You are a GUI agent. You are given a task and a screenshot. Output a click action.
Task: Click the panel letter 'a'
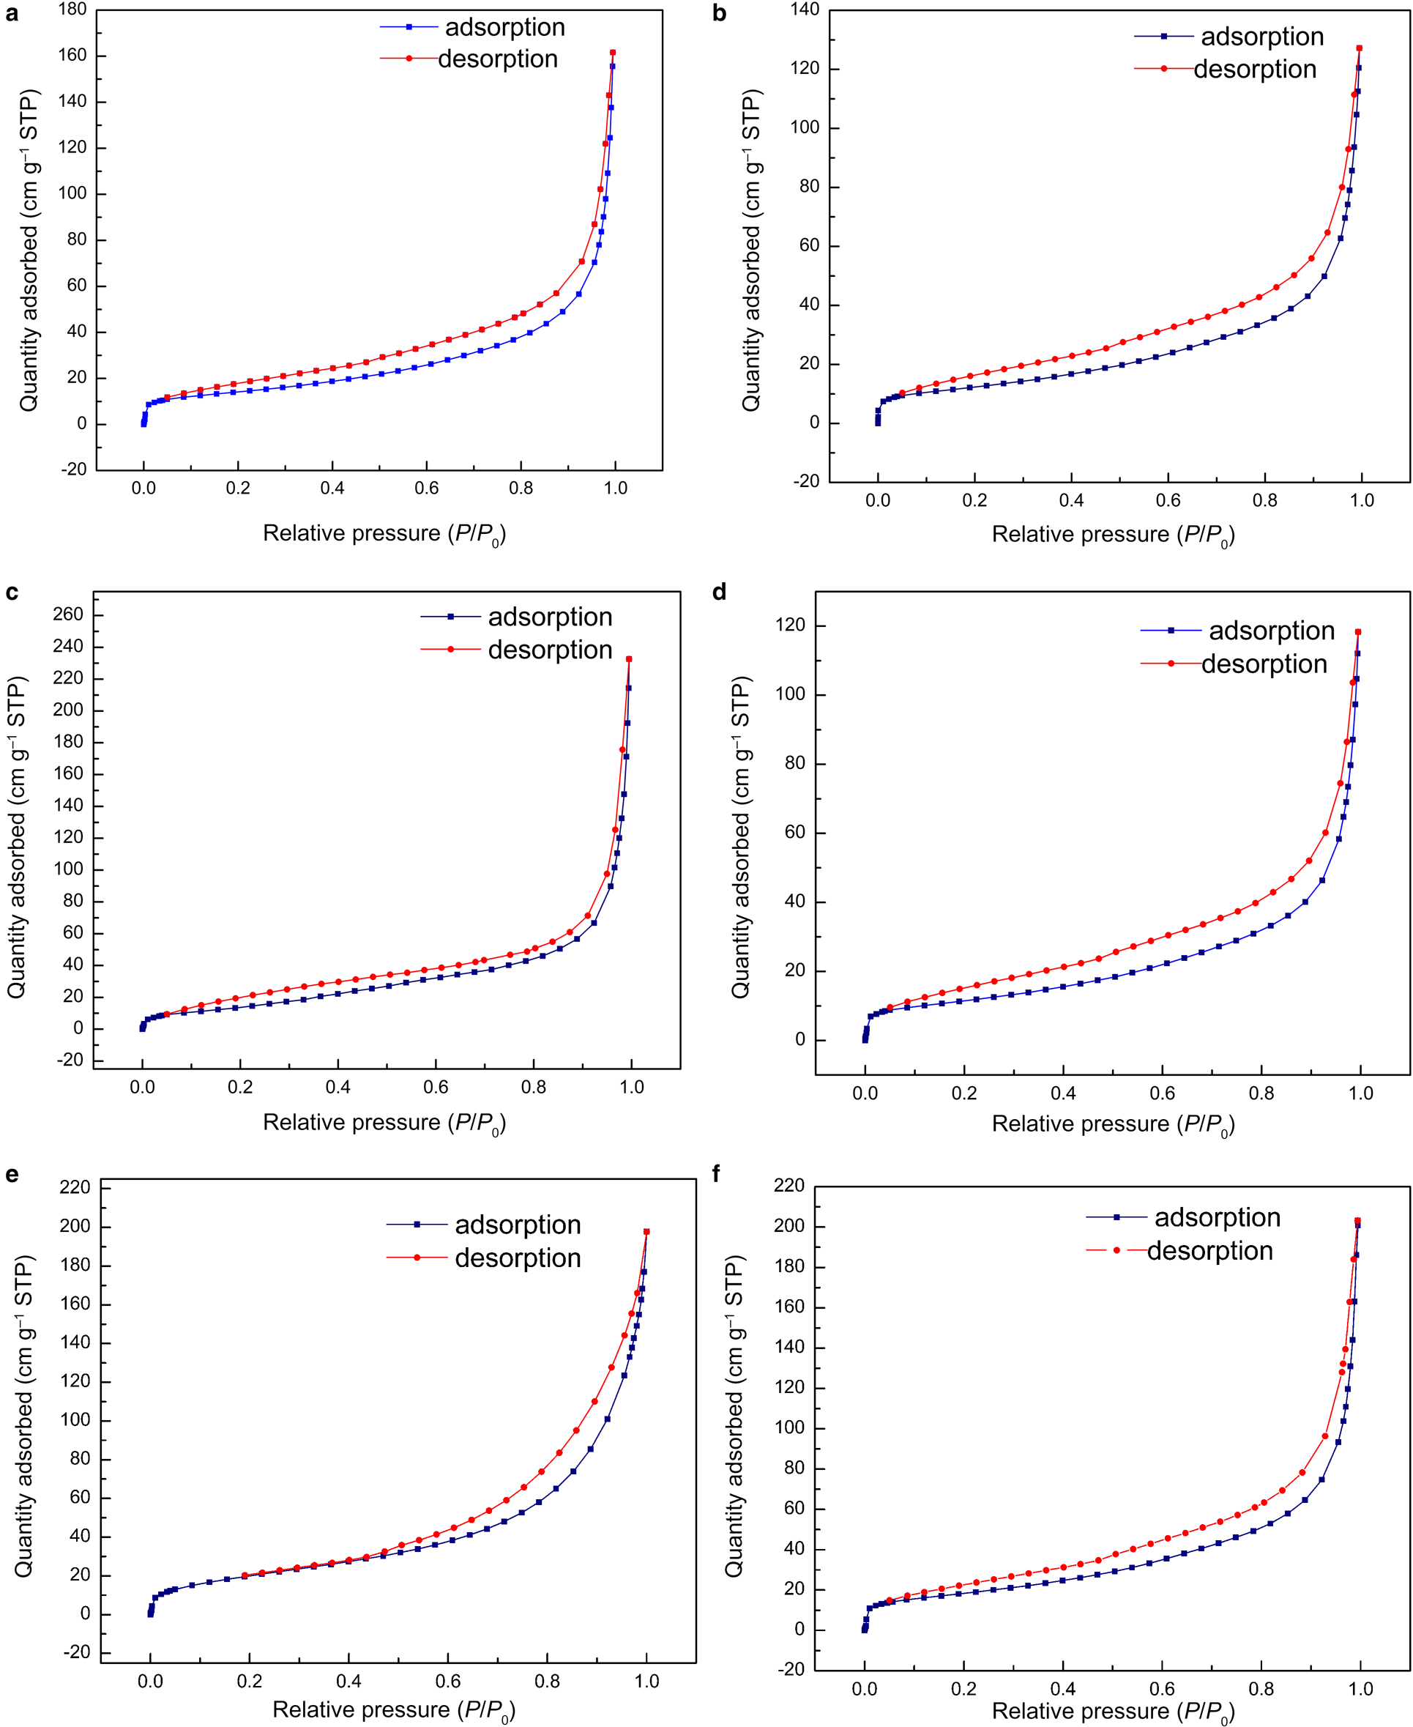[x=12, y=14]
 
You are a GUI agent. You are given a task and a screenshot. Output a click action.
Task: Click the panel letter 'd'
[x=719, y=592]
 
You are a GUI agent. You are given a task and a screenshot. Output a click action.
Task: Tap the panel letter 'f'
[x=716, y=1173]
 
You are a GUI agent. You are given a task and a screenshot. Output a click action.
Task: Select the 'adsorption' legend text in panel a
[x=504, y=28]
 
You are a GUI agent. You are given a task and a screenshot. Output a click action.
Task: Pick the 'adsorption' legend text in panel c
[x=551, y=617]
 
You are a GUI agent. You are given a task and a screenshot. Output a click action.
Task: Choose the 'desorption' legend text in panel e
[x=518, y=1258]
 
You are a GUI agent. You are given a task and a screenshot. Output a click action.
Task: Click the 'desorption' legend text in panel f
[x=1209, y=1251]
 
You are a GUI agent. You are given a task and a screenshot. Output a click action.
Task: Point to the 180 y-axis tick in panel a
[x=72, y=9]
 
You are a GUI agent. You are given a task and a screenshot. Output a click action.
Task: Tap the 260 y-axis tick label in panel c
[x=68, y=614]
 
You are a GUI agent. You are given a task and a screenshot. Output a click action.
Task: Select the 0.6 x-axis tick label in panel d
[x=1163, y=1093]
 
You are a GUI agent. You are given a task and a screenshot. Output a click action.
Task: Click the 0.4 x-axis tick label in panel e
[x=348, y=1682]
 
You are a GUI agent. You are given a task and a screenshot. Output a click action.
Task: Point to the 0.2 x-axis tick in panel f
[x=963, y=1689]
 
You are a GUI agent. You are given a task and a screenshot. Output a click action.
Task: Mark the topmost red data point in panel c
[x=628, y=660]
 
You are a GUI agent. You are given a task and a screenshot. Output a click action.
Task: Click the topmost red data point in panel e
[x=646, y=1232]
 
